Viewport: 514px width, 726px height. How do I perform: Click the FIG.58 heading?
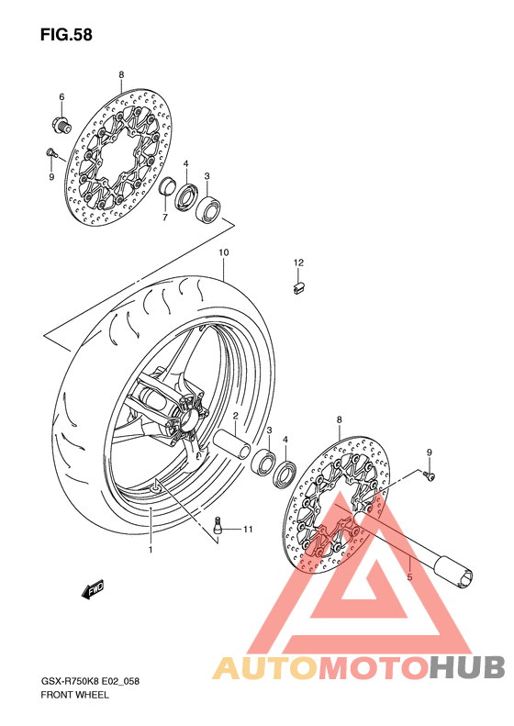pos(66,35)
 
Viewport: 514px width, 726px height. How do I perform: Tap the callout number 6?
pos(61,96)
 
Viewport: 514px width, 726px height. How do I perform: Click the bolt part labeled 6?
pos(61,124)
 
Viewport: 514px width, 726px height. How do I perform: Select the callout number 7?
pos(165,218)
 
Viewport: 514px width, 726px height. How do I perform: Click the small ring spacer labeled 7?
pos(168,186)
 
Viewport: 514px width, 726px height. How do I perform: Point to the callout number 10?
pos(224,252)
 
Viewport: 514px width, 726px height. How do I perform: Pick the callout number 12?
pos(298,262)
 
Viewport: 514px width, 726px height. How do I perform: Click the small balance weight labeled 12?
pos(298,287)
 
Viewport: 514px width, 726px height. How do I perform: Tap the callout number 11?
pos(248,529)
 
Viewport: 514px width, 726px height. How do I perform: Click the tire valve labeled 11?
pos(218,526)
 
